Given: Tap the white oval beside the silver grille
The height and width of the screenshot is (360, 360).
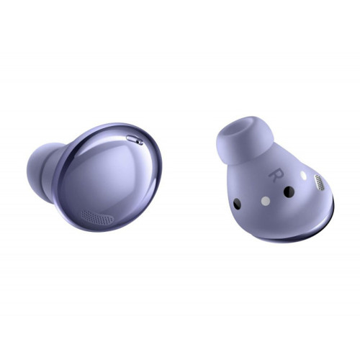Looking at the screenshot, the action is point(304,176).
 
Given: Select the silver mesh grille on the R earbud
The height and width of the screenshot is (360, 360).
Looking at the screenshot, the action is point(319,183).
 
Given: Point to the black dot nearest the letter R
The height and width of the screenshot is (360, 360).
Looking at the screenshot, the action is point(289,192).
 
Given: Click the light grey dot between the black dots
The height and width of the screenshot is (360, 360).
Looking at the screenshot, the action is point(266,201).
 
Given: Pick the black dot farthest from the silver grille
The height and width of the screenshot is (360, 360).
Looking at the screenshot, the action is point(237,204).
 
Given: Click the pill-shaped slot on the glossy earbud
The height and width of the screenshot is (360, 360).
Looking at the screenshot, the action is point(135,140).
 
